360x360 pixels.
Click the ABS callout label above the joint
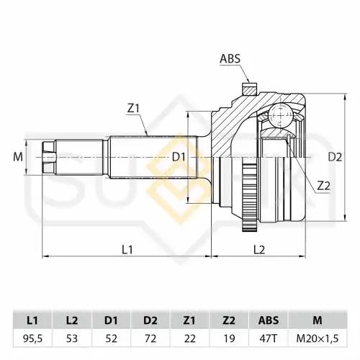pos(230,59)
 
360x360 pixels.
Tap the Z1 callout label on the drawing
pos(133,109)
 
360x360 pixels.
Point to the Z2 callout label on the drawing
pos(323,186)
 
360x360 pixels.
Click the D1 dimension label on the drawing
pos(179,158)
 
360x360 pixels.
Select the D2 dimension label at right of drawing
pos(335,157)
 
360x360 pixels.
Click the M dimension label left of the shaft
pos(18,157)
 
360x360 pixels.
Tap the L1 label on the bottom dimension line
pos(127,250)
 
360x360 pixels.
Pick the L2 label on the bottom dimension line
pos(259,250)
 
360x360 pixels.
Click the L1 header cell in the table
pos(32,320)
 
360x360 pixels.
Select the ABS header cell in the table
pos(269,320)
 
